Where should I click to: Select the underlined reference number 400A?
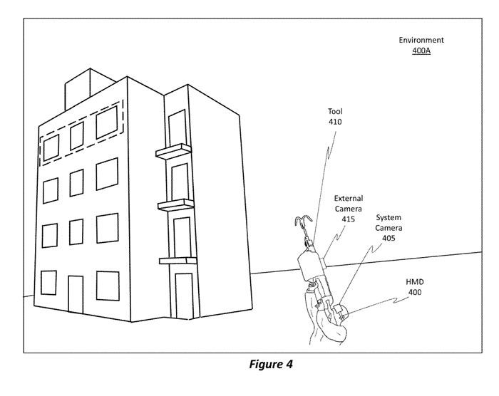click(x=421, y=52)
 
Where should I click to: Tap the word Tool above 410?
click(x=335, y=111)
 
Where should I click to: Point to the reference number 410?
click(x=335, y=122)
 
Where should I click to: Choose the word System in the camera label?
click(x=389, y=217)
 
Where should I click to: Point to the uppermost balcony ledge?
click(x=174, y=150)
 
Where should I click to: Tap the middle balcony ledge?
click(x=176, y=205)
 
